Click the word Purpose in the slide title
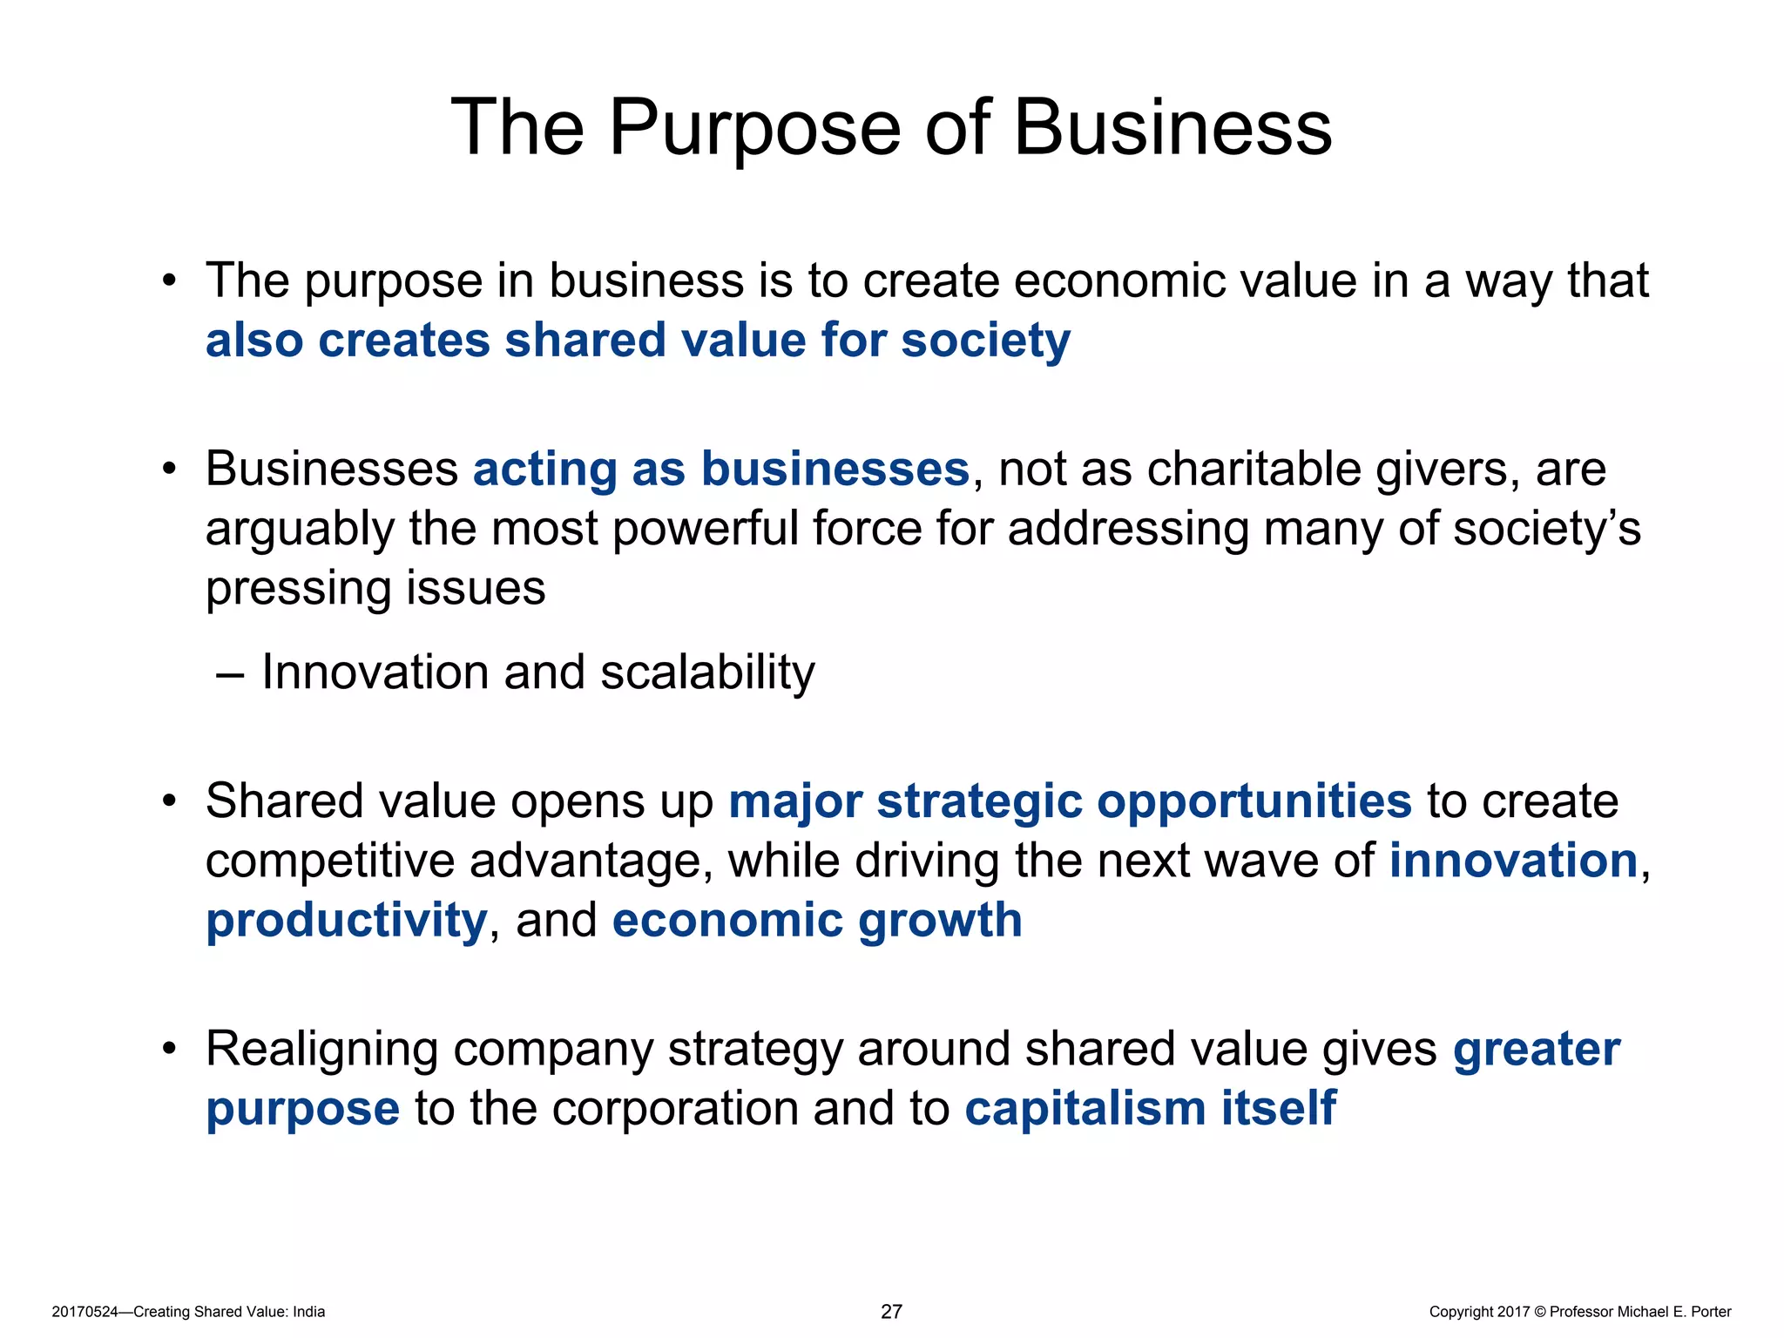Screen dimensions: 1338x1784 point(753,128)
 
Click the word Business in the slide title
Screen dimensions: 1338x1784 point(1172,128)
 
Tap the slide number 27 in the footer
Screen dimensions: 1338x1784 point(891,1311)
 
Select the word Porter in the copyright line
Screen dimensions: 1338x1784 point(1711,1312)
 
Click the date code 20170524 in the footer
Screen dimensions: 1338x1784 point(84,1312)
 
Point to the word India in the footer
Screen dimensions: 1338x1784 point(308,1312)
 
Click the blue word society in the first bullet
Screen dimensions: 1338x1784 point(985,340)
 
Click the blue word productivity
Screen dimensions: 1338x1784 point(346,922)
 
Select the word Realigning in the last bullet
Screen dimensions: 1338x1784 point(320,1050)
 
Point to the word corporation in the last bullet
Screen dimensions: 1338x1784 point(674,1108)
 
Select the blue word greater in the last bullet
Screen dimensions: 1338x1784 point(1537,1050)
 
